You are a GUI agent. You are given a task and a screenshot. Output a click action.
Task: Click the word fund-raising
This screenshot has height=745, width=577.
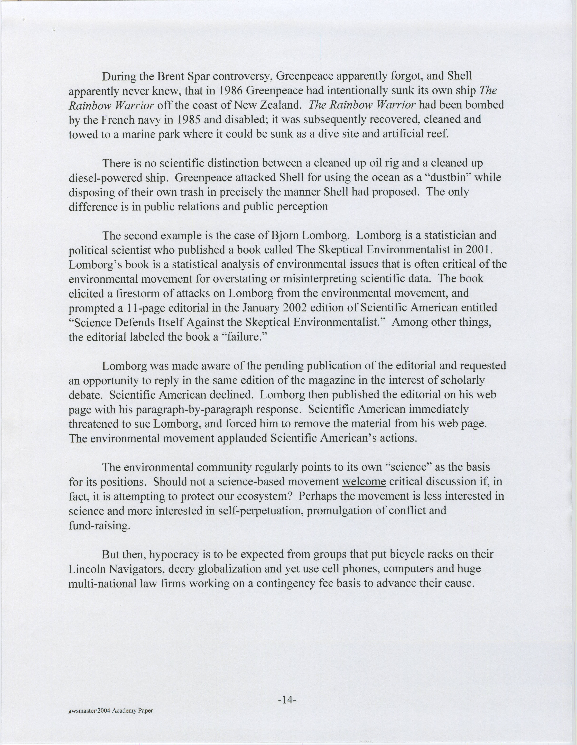click(x=100, y=525)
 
